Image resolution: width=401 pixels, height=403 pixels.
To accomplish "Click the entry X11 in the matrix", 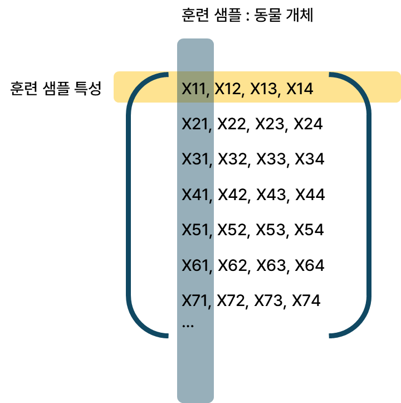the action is click(194, 89).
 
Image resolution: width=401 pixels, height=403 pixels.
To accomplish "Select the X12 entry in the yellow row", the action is click(227, 89).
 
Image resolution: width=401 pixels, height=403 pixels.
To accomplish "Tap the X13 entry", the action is click(263, 89).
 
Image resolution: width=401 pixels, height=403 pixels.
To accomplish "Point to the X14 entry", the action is click(300, 89).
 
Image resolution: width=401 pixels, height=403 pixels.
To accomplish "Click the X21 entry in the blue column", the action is click(194, 124).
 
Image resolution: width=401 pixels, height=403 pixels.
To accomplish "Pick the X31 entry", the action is click(194, 159).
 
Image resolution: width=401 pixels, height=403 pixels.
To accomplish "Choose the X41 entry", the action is click(194, 195).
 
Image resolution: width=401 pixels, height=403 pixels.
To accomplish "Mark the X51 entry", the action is click(194, 230).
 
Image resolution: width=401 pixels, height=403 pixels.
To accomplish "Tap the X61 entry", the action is click(194, 265).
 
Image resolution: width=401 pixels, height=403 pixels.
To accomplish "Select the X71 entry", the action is click(194, 301).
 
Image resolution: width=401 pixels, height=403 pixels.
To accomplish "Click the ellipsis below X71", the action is click(188, 325).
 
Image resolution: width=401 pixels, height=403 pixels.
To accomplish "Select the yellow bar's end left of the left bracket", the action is click(120, 87).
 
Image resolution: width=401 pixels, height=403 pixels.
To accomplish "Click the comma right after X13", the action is click(278, 94).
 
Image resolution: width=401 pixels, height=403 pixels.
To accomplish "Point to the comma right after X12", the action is click(243, 94).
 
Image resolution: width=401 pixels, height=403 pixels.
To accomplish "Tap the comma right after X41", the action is click(211, 200).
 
